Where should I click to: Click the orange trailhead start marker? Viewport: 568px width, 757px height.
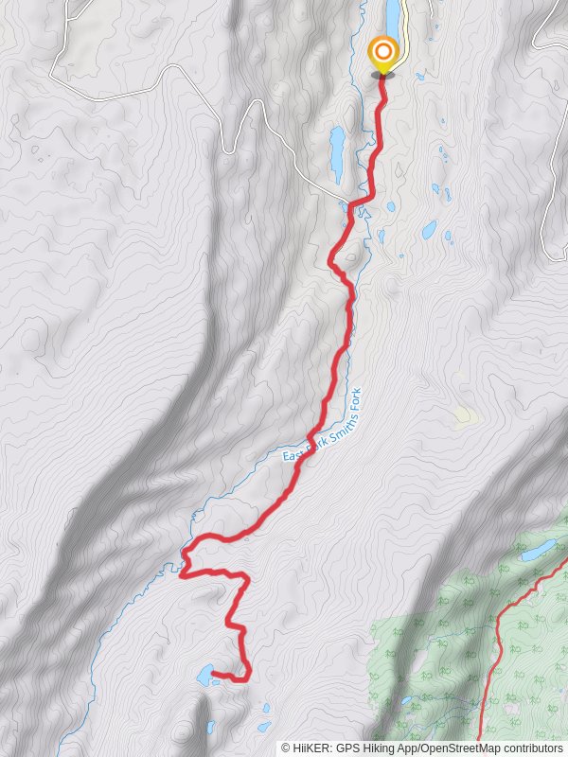point(383,52)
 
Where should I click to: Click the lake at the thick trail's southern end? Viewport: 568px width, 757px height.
point(202,676)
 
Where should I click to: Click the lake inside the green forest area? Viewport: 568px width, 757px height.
point(539,550)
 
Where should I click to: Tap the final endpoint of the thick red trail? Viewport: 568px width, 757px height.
point(213,674)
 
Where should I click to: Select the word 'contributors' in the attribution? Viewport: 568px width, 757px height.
point(531,748)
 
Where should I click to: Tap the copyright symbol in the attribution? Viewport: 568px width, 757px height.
point(286,748)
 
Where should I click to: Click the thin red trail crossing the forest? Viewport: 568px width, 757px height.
point(496,643)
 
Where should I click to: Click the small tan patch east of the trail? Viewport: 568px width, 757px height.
point(465,415)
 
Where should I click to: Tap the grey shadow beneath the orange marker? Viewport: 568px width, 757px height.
point(383,75)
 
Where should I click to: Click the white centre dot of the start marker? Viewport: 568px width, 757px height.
point(383,51)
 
